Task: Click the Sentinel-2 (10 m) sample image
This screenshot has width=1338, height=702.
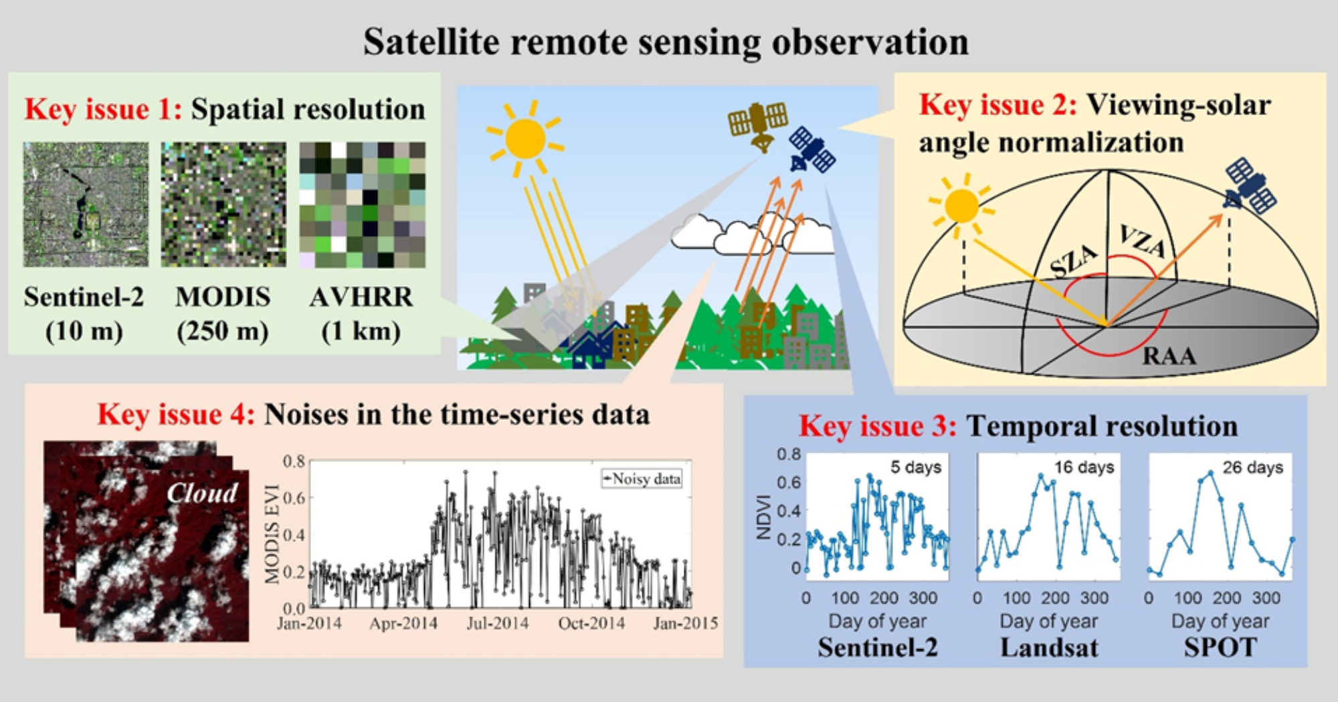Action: click(x=86, y=205)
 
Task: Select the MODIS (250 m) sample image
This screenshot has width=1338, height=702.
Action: click(x=223, y=205)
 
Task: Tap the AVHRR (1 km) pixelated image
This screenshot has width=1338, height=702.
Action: click(x=362, y=205)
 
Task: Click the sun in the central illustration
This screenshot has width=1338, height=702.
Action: click(x=526, y=139)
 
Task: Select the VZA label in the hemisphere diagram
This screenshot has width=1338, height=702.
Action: click(x=1143, y=241)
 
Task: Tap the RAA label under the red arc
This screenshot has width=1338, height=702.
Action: click(x=1169, y=356)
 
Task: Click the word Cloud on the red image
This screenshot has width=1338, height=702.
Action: click(x=202, y=493)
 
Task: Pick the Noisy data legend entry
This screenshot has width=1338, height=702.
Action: click(x=642, y=479)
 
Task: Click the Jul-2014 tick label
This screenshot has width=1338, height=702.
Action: click(x=497, y=623)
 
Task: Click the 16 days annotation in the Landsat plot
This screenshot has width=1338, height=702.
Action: click(x=1084, y=467)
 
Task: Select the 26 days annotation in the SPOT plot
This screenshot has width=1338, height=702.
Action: click(x=1253, y=467)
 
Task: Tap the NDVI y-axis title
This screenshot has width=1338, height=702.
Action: click(x=763, y=517)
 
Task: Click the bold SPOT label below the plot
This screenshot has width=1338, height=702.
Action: click(x=1220, y=647)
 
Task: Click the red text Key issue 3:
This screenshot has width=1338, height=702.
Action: click(x=878, y=426)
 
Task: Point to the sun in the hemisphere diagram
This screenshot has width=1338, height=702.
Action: click(x=961, y=206)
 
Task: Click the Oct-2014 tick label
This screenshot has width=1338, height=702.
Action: click(x=591, y=623)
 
